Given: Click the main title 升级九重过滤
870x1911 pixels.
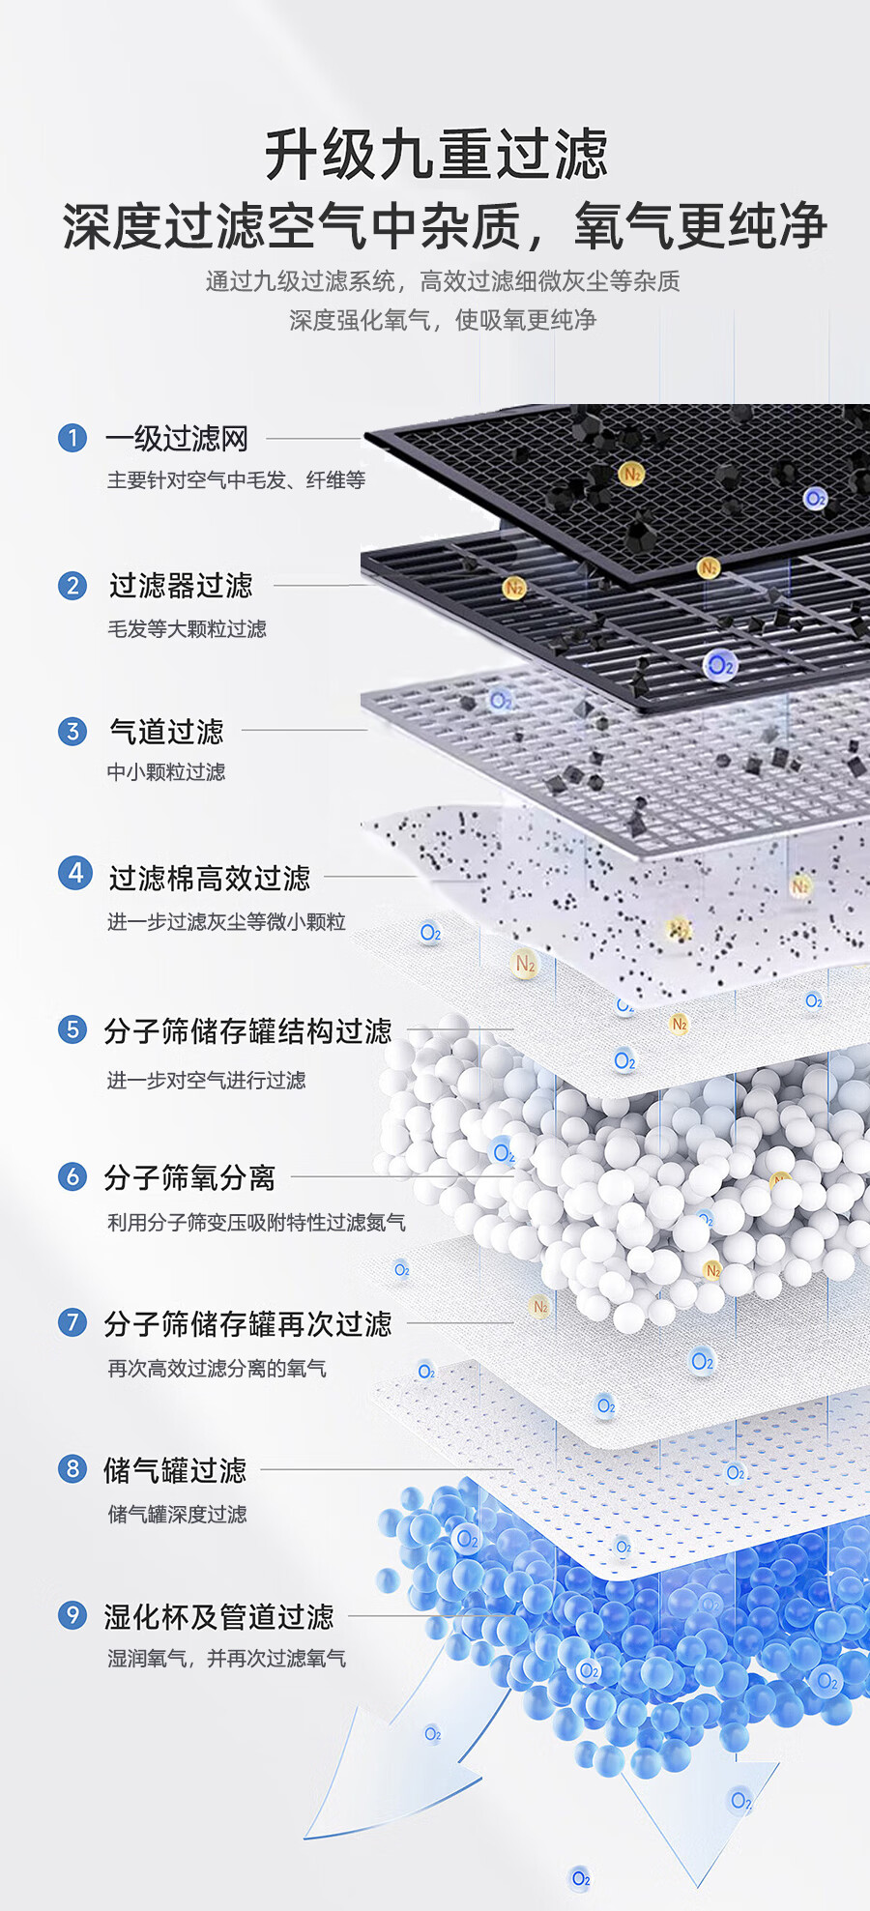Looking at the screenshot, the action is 436,155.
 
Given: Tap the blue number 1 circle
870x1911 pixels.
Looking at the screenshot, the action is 72,438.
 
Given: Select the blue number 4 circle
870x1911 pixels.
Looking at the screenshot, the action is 74,873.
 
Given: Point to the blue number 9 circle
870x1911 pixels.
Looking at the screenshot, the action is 72,1615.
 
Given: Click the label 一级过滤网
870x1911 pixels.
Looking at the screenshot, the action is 177,439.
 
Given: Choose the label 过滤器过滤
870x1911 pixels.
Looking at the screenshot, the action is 181,586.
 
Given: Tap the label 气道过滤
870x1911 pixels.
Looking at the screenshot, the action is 166,732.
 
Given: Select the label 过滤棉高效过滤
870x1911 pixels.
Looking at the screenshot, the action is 210,878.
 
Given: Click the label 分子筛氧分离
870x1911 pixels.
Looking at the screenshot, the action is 189,1177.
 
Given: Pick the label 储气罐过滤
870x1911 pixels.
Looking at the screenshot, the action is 175,1470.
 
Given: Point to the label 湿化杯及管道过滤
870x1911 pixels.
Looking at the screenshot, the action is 218,1616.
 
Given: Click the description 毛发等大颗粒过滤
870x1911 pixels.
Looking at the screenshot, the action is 187,629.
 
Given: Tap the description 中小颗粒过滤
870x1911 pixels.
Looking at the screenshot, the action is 166,772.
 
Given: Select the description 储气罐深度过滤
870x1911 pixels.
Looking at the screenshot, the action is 177,1515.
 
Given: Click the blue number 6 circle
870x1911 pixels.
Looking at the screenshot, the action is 72,1176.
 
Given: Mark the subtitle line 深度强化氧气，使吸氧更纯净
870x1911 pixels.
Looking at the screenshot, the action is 443,320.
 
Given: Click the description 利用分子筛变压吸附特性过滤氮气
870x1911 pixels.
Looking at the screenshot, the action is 256,1223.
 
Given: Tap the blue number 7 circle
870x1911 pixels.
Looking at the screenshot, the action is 72,1321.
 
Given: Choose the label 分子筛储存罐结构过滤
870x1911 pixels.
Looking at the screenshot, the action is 247,1031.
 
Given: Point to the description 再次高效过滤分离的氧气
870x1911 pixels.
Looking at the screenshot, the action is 217,1369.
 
